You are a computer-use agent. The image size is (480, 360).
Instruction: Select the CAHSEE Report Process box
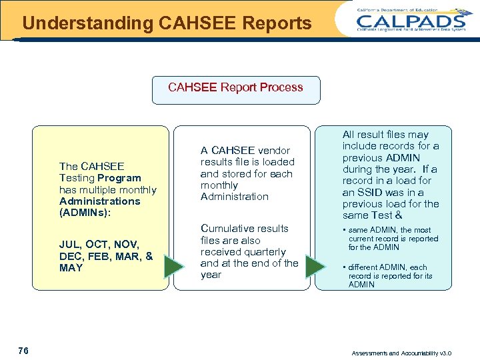pyautogui.click(x=235, y=89)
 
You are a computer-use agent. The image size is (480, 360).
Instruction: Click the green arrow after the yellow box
pyautogui.click(x=173, y=267)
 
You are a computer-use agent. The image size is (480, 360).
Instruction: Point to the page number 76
pyautogui.click(x=23, y=351)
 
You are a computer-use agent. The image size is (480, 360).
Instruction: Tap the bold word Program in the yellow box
pyautogui.click(x=119, y=178)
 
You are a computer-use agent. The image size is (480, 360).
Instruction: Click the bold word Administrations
pyautogui.click(x=99, y=201)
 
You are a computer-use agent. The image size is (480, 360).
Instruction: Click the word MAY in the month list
pyautogui.click(x=71, y=267)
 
